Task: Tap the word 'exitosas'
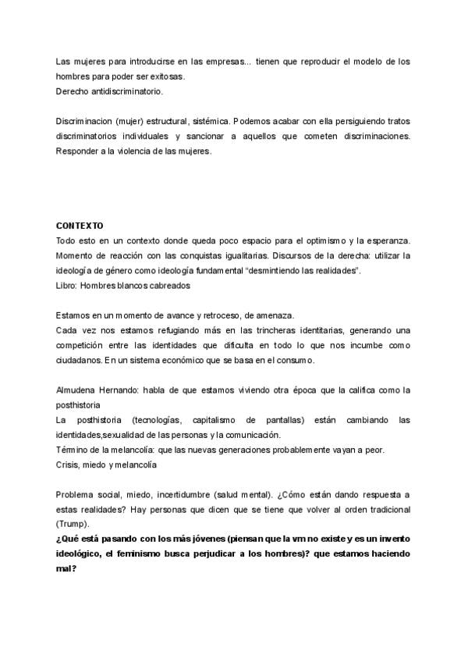tap(161, 77)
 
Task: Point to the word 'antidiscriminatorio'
tap(125, 91)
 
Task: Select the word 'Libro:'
tap(68, 285)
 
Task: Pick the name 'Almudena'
tap(78, 390)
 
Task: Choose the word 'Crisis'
tap(69, 466)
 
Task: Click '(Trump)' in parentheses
tap(73, 525)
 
